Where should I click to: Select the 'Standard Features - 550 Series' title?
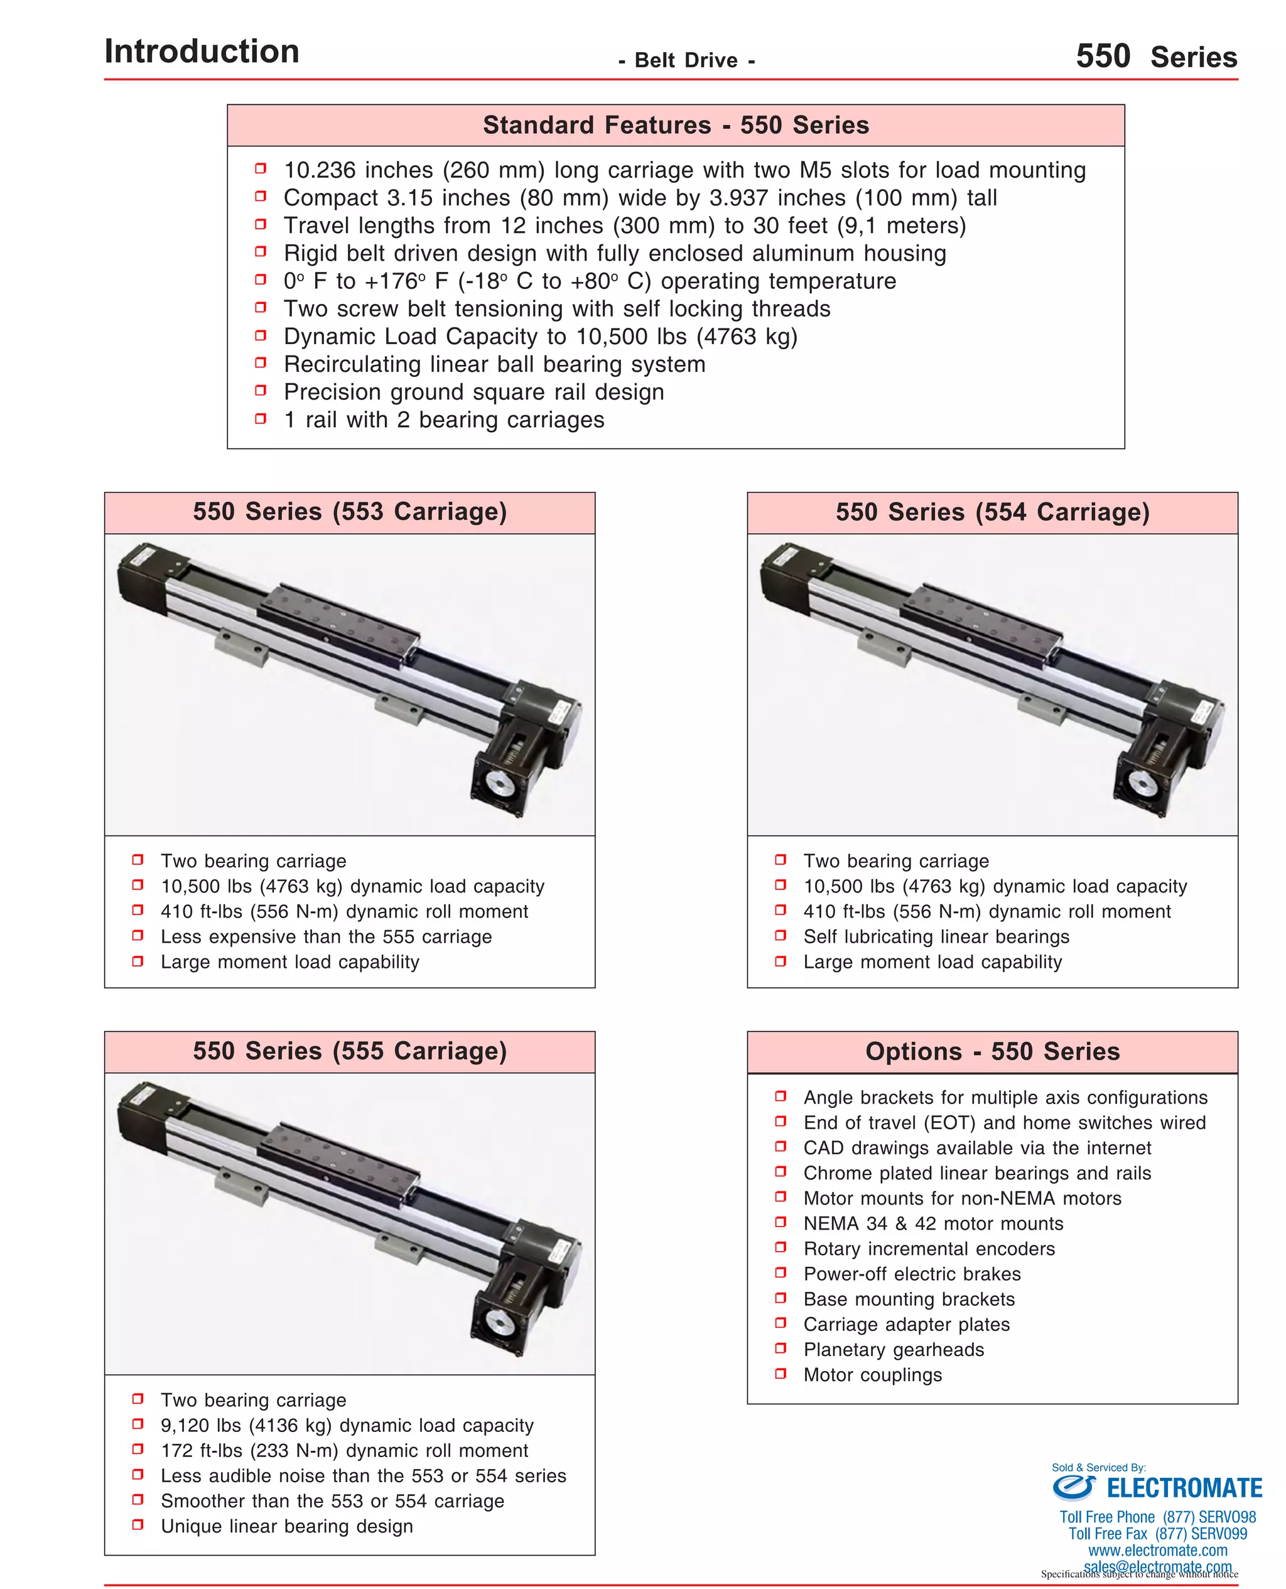675,125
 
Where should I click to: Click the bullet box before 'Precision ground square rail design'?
261,391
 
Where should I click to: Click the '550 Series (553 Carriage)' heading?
350,512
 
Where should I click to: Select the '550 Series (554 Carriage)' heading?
992,512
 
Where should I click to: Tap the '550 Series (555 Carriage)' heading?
350,1051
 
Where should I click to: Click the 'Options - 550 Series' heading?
992,1051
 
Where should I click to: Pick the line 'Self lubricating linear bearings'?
936,937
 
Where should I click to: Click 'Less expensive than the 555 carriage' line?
326,937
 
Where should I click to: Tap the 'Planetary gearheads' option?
894,1350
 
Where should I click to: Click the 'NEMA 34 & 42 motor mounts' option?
932,1224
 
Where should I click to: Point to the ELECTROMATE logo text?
1183,1489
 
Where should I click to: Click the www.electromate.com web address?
1157,1551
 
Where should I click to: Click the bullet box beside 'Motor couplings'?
780,1374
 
